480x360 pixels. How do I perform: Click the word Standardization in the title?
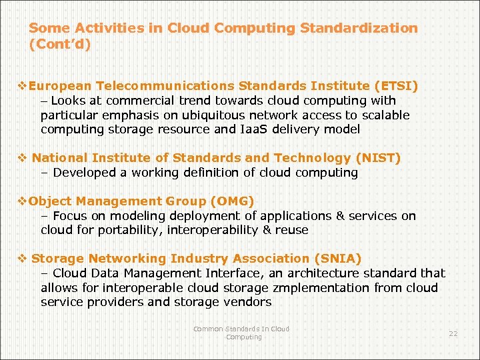pos(359,28)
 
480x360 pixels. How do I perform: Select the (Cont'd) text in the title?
pos(60,45)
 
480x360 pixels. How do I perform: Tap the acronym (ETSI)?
pos(397,86)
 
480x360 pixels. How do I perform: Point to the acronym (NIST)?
pos(379,158)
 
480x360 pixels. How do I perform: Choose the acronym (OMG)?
pos(232,201)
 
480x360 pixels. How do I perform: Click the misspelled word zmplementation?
pos(321,288)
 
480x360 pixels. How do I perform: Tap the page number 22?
pos(453,333)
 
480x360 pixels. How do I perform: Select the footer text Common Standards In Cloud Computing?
pos(241,333)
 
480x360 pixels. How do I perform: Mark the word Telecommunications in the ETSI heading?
pos(165,86)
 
